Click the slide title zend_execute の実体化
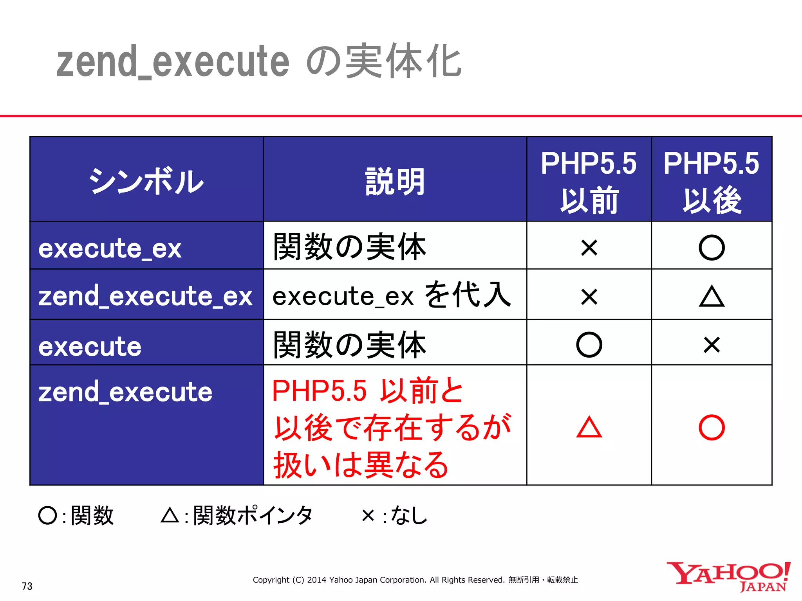click(x=258, y=62)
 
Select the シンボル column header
click(x=146, y=181)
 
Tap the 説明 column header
click(x=395, y=181)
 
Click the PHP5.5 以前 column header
click(x=589, y=181)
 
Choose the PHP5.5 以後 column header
click(x=711, y=181)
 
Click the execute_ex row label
click(x=110, y=248)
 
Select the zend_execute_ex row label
click(x=145, y=296)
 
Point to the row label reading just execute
click(x=90, y=347)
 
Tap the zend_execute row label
click(x=125, y=392)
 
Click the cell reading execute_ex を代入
click(x=392, y=295)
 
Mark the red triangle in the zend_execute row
click(x=589, y=427)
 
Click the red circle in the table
click(x=712, y=427)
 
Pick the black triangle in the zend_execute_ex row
click(x=712, y=296)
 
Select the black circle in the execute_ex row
click(x=712, y=248)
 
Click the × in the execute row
click(x=712, y=345)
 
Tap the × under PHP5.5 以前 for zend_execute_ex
click(x=589, y=296)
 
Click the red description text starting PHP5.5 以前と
click(x=392, y=427)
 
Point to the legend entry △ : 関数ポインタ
click(x=237, y=515)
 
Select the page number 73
click(x=27, y=586)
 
